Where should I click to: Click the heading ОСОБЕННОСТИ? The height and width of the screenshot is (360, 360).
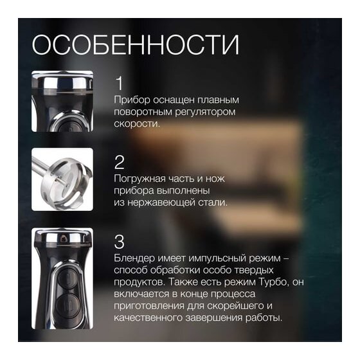click(136, 45)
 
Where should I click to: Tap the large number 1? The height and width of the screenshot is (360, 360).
click(120, 83)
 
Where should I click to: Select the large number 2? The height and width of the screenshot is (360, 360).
click(120, 163)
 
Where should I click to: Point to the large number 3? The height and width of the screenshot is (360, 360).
click(120, 242)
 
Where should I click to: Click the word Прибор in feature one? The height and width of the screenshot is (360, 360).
click(132, 100)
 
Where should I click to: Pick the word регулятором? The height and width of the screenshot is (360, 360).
click(206, 112)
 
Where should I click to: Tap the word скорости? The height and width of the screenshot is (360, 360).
click(136, 123)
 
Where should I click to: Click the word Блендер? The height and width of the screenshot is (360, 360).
click(134, 258)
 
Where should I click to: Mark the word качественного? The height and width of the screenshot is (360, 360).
click(148, 318)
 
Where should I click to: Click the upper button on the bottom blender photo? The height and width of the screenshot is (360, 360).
click(68, 276)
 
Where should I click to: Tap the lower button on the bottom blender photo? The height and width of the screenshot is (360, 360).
click(67, 306)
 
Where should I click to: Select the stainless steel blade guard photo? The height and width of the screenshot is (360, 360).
click(62, 179)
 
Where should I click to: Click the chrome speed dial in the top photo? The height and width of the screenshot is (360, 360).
click(62, 82)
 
